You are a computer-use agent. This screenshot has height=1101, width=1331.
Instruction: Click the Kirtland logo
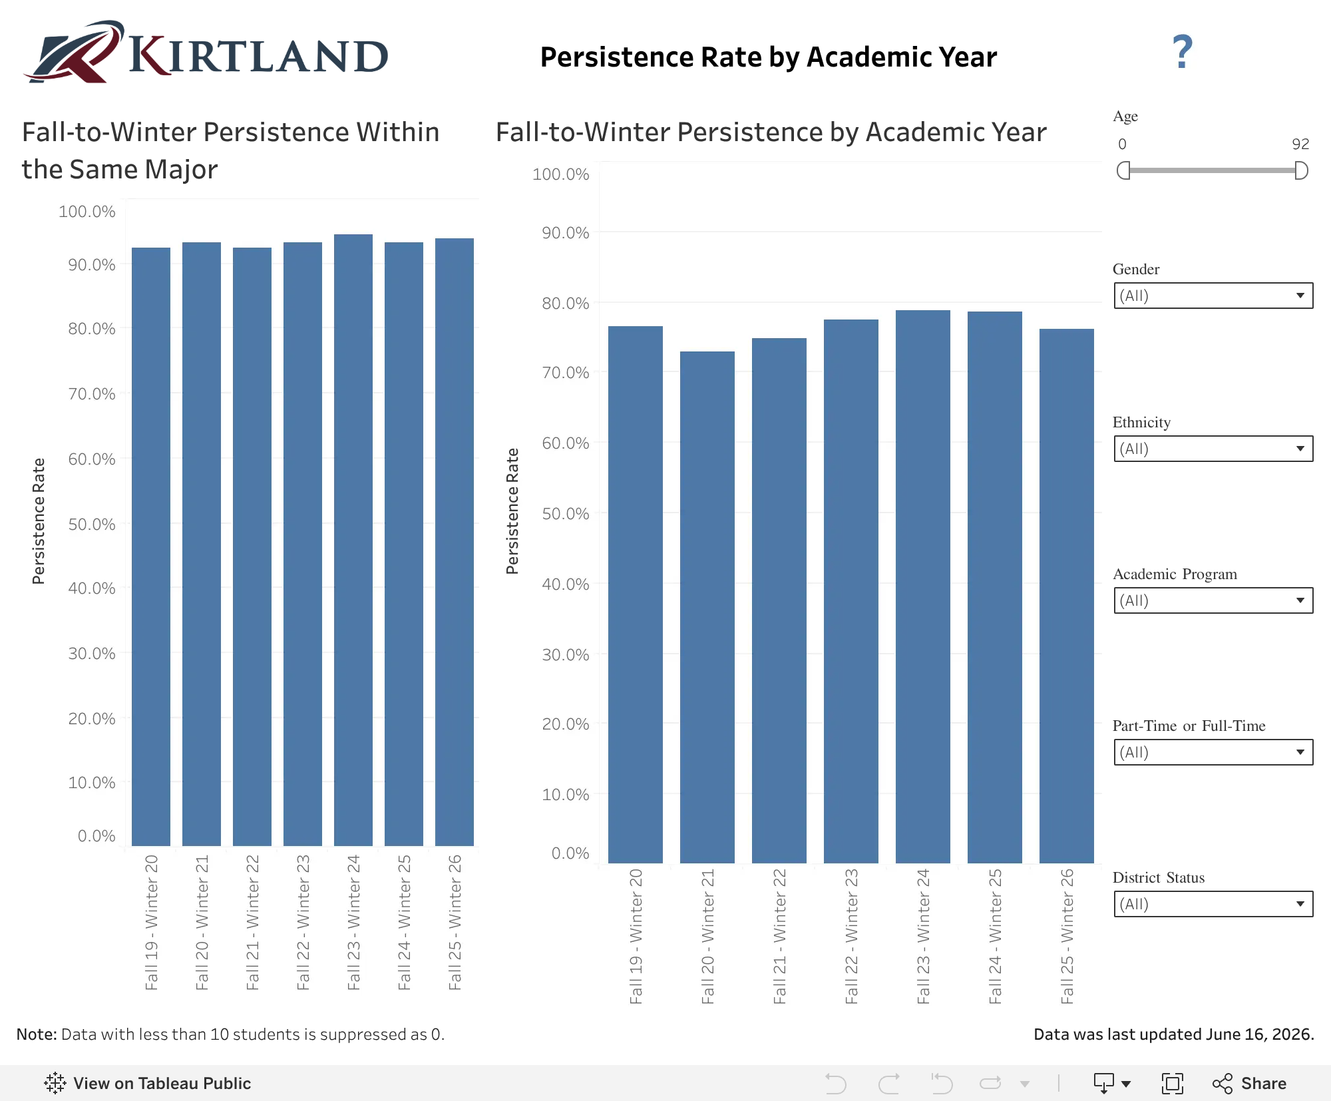tap(206, 52)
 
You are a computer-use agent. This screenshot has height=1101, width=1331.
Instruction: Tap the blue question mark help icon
tap(1182, 52)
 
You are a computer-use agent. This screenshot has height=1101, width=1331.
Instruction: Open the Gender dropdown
tap(1213, 296)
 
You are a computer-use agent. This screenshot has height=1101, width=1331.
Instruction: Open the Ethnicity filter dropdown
tap(1213, 449)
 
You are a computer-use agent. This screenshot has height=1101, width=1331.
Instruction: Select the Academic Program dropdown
tap(1213, 600)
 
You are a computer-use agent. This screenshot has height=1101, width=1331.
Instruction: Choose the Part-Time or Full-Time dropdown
tap(1213, 752)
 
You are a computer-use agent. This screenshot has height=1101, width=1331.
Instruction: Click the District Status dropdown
tap(1213, 904)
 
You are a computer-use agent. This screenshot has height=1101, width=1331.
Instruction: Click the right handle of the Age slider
tap(1302, 170)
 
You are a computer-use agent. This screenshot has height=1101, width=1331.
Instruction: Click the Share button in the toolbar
tap(1249, 1084)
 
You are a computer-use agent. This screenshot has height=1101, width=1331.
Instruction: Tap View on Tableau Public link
tap(148, 1084)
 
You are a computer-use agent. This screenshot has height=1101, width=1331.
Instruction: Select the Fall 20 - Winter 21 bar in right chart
tap(707, 607)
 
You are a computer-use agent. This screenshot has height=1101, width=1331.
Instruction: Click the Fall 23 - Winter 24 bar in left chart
tap(353, 540)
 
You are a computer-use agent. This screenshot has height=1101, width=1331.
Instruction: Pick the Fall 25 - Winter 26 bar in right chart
tap(1067, 596)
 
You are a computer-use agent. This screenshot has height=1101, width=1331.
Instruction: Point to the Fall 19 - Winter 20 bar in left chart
tap(151, 547)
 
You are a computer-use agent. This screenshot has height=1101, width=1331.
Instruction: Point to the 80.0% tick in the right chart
tap(566, 304)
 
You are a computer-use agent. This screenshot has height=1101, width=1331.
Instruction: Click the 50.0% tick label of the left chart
tap(92, 525)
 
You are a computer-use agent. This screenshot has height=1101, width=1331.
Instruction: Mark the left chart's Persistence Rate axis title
tap(39, 521)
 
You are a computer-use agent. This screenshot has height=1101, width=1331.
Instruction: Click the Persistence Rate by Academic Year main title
tap(769, 57)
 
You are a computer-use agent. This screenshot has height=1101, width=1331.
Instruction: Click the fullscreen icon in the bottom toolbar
tap(1172, 1084)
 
